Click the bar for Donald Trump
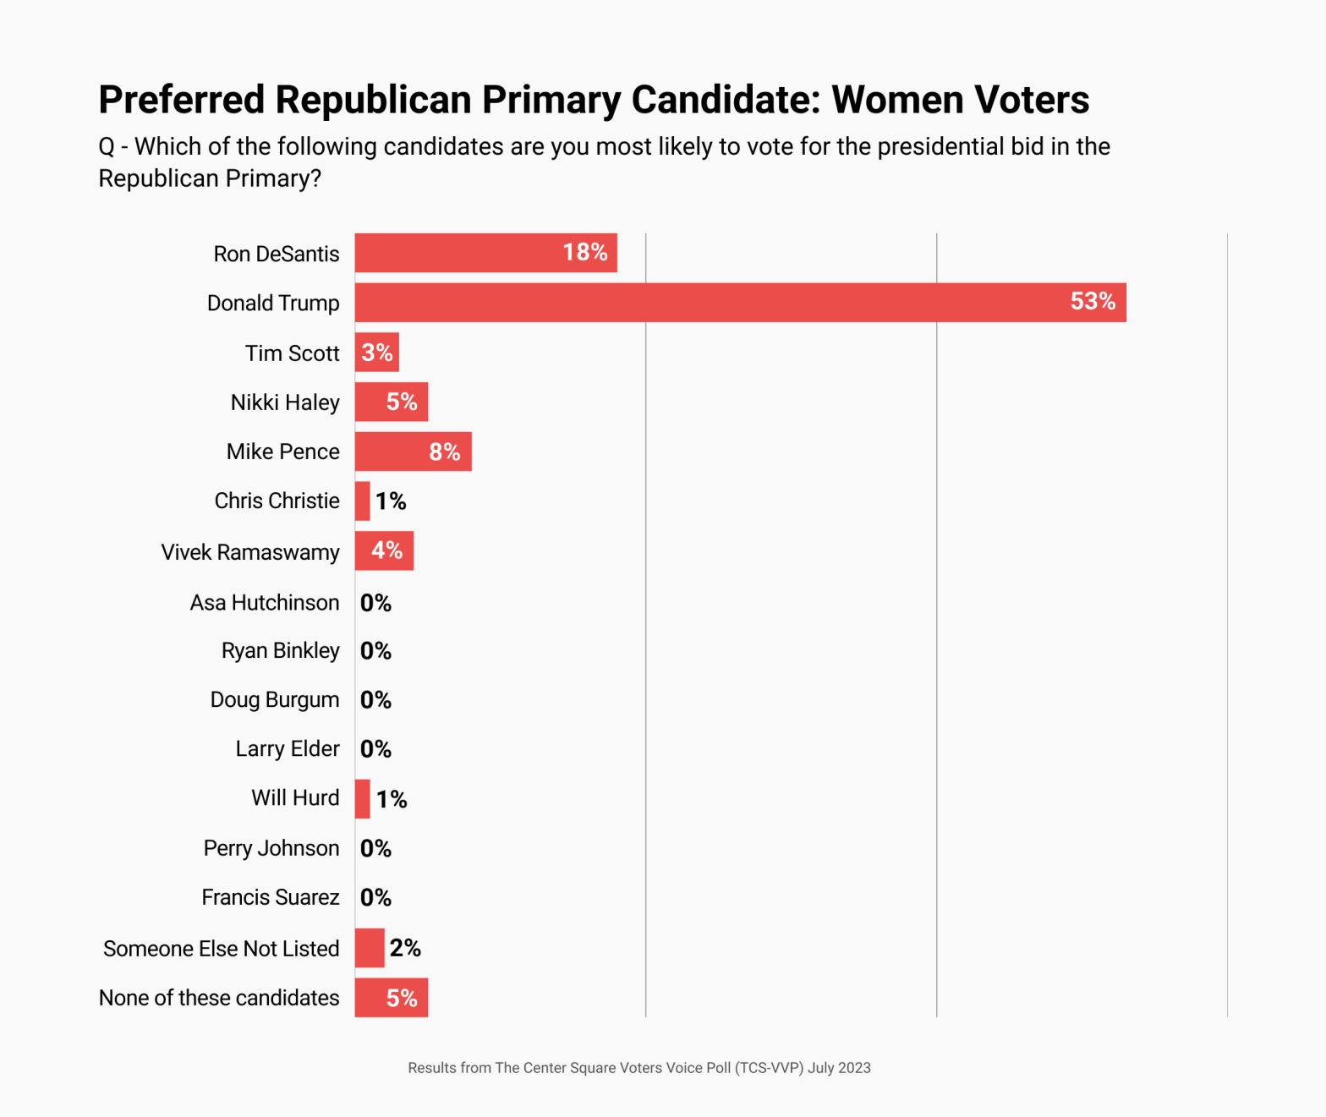[x=740, y=303]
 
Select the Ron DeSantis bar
[x=485, y=253]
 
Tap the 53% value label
[x=1093, y=302]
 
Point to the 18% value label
[x=585, y=252]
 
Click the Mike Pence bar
[x=413, y=452]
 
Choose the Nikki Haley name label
[x=285, y=402]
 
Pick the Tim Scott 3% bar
[x=376, y=353]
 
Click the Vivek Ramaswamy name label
[x=250, y=552]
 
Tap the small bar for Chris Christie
[x=362, y=501]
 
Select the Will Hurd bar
[x=362, y=799]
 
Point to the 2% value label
[x=405, y=948]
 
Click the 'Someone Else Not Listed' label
[x=221, y=949]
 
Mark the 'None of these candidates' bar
[x=391, y=998]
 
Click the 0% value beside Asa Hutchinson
[x=375, y=603]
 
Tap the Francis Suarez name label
[x=270, y=897]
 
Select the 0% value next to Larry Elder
[x=375, y=749]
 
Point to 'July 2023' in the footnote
[x=839, y=1068]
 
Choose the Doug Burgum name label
[x=275, y=700]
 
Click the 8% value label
[x=445, y=452]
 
